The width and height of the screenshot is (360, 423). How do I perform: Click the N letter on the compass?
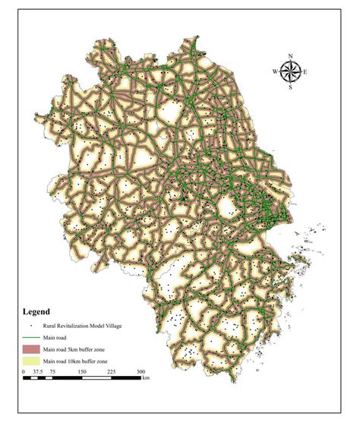pyautogui.click(x=290, y=55)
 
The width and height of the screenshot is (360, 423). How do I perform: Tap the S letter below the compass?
pyautogui.click(x=290, y=87)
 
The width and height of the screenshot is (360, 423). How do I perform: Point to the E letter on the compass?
pyautogui.click(x=305, y=72)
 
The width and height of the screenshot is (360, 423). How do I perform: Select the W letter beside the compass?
pyautogui.click(x=275, y=71)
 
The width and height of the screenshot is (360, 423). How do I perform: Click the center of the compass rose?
pyautogui.click(x=290, y=71)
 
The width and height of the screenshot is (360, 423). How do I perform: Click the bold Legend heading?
pyautogui.click(x=36, y=311)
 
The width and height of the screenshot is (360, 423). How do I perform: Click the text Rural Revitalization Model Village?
pyautogui.click(x=82, y=325)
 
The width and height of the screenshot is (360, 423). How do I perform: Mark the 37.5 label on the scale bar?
pyautogui.click(x=38, y=372)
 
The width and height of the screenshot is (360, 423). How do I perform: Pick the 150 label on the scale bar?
pyautogui.click(x=81, y=372)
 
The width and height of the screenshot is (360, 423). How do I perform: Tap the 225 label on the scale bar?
pyautogui.click(x=111, y=372)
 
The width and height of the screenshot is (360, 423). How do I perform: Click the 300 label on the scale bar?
pyautogui.click(x=140, y=372)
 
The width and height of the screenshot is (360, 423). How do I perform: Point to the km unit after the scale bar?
pyautogui.click(x=146, y=377)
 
